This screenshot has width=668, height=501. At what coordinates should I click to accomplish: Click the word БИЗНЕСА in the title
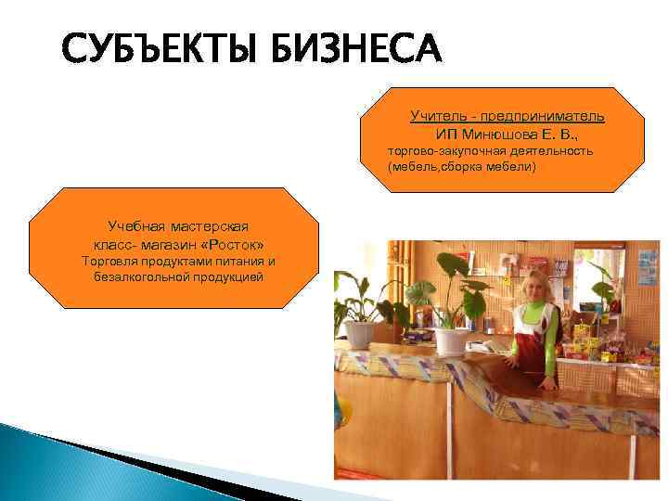click(357, 49)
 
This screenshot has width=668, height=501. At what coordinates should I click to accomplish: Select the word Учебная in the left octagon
click(137, 226)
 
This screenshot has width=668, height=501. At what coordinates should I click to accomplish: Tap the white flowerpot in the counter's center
click(452, 340)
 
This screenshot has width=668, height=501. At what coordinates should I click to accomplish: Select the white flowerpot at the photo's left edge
click(358, 333)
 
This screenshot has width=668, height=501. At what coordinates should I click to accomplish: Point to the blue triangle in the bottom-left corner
click(56, 464)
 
